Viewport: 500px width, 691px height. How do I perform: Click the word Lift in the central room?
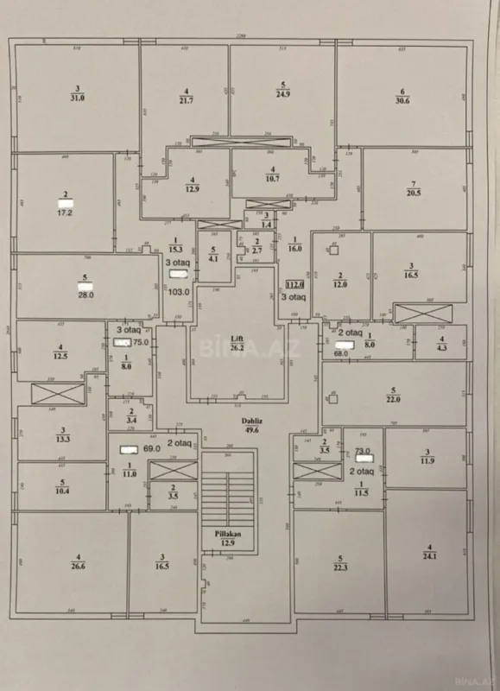(236, 339)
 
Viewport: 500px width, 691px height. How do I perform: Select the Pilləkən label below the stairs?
(229, 535)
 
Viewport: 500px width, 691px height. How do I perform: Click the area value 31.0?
(78, 98)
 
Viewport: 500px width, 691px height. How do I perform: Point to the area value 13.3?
(61, 438)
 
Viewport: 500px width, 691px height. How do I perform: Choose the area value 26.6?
(79, 567)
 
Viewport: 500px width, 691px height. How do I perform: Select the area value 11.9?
(426, 460)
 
